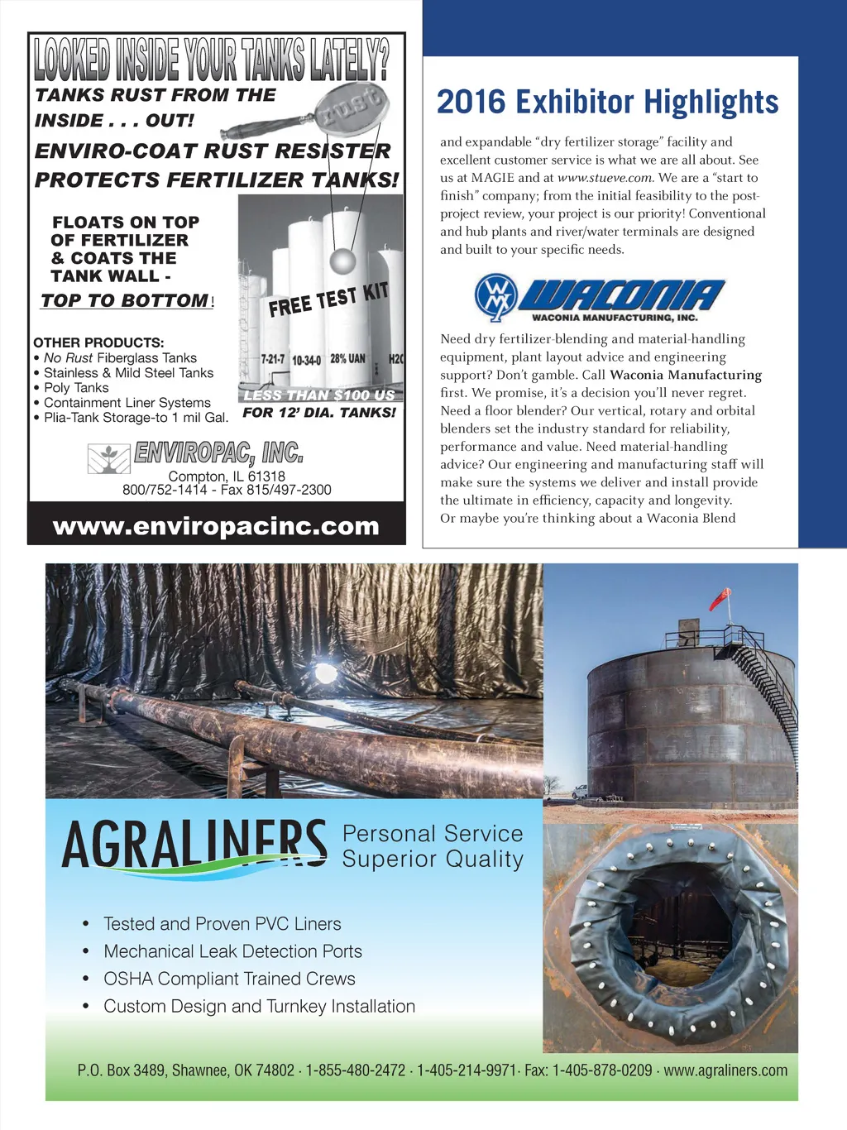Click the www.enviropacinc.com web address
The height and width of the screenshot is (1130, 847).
(x=216, y=526)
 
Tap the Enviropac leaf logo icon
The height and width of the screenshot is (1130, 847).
(x=108, y=457)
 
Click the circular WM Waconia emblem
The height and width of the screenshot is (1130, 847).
(x=495, y=297)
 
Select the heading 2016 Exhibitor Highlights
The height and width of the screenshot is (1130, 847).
(x=608, y=102)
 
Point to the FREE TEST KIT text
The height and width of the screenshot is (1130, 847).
(x=328, y=299)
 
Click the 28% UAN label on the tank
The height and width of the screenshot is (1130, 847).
(x=347, y=358)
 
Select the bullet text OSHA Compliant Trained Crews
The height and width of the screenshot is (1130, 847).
(x=229, y=979)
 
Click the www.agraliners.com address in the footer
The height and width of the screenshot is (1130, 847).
(x=725, y=1070)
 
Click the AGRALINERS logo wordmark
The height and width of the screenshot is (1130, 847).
(x=194, y=845)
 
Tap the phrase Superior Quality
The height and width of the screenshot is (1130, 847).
(x=433, y=859)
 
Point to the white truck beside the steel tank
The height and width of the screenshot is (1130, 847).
(x=580, y=791)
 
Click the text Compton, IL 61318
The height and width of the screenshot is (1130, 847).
(x=227, y=476)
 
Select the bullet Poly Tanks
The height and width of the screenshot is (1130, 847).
(x=76, y=387)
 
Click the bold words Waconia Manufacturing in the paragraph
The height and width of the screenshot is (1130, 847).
(x=686, y=375)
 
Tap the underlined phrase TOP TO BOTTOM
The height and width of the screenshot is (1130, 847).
(x=125, y=300)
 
